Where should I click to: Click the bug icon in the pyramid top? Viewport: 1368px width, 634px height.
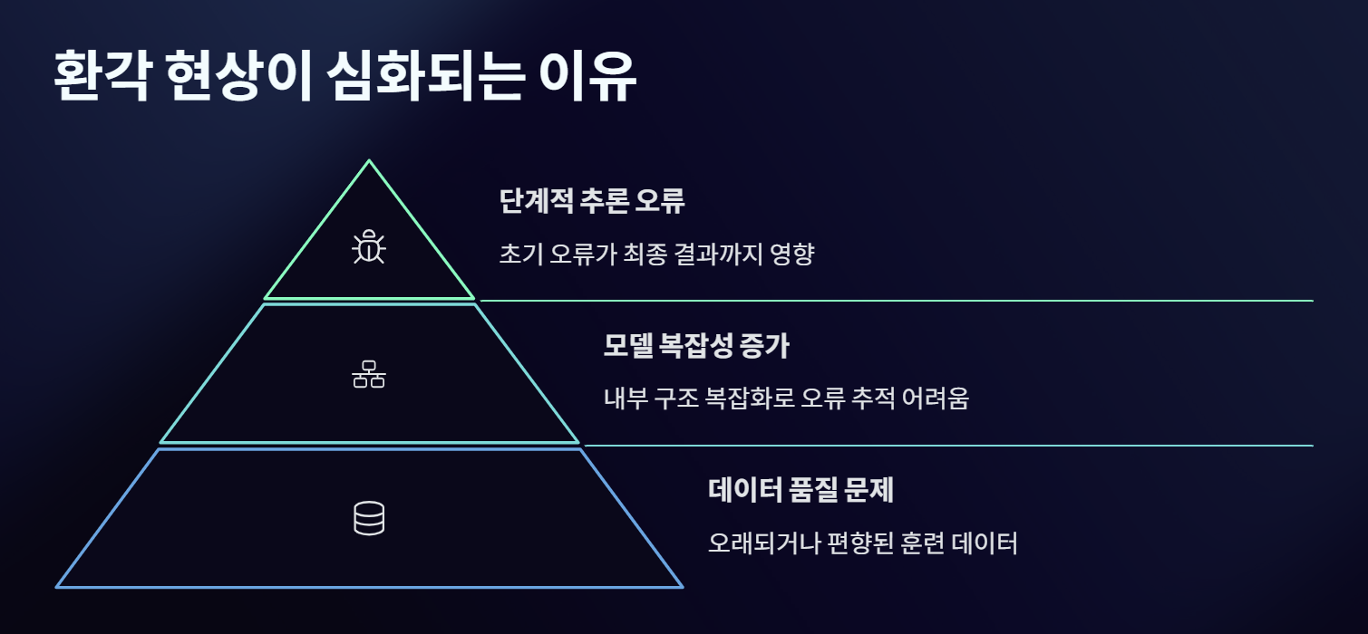click(x=369, y=247)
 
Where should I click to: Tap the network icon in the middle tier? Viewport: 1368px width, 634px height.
click(x=368, y=373)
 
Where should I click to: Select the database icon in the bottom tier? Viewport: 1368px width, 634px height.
click(x=368, y=518)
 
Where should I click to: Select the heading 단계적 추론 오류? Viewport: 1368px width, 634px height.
click(x=591, y=200)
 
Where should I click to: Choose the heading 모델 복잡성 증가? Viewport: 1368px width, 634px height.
click(x=703, y=345)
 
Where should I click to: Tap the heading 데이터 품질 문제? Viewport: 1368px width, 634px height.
click(x=800, y=490)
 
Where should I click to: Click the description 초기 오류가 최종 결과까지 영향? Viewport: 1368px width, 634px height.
click(x=656, y=254)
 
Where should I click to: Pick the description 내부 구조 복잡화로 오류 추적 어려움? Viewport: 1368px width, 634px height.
click(x=786, y=398)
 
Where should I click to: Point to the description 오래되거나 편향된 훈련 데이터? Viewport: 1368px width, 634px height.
click(x=862, y=543)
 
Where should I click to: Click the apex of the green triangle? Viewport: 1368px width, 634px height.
click(x=369, y=162)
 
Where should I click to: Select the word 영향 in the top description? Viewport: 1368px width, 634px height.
click(x=793, y=254)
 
